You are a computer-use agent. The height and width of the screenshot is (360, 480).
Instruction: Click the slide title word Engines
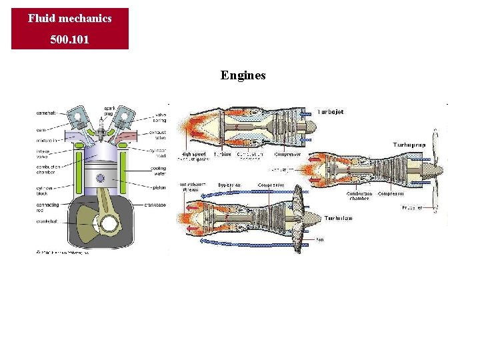point(243,75)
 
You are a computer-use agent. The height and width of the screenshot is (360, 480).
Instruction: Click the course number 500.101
point(69,40)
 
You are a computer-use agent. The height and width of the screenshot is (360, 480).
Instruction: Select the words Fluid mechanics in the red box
point(69,19)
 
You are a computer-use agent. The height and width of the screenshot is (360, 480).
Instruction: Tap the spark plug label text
point(109,111)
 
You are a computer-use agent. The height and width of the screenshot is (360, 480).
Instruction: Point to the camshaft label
point(47,113)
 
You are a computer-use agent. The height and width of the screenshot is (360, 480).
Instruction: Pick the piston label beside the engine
point(159,188)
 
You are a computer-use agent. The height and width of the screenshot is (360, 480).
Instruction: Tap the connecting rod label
point(48,208)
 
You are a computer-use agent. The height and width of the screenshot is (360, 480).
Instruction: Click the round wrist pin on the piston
point(101,178)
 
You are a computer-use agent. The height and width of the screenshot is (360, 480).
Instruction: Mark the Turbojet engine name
point(330,112)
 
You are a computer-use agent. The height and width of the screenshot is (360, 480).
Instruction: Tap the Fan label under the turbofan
point(320,239)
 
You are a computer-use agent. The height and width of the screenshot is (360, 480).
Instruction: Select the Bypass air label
point(229,185)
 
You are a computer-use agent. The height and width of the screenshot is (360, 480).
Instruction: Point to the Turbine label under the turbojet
point(223,155)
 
